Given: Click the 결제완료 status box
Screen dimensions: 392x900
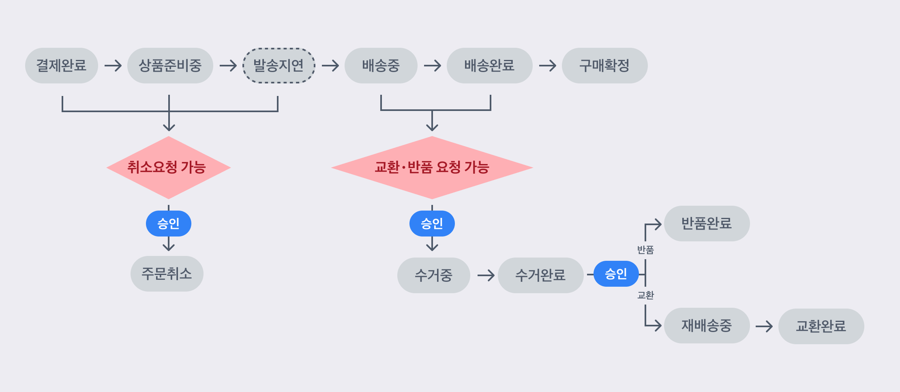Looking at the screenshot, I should coord(61,66).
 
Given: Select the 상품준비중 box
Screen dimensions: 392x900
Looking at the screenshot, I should coord(170,66).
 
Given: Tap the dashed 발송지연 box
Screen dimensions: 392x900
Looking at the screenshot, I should coord(279,66).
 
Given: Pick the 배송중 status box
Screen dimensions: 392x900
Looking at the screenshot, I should coord(381,66).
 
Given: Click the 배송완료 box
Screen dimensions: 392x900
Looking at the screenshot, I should coord(489,66).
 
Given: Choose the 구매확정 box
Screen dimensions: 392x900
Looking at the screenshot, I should coord(604,66).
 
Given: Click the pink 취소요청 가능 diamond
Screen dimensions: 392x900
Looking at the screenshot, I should coord(168,167).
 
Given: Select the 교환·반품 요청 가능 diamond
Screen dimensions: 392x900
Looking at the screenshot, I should coord(432,167).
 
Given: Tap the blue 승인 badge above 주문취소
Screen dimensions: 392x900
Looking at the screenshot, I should coord(168,224).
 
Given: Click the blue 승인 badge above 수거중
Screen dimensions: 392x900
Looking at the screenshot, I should coord(432,224).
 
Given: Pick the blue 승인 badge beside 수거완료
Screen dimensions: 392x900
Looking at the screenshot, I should coord(616,274).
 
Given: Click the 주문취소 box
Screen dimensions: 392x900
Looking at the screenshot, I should coord(167,274).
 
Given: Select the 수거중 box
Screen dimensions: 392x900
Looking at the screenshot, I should coord(433,275).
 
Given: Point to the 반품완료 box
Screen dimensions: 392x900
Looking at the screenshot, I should coord(707,224).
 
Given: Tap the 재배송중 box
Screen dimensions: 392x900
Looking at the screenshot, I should coord(707,326).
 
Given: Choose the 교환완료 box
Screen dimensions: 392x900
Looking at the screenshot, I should coord(821,326).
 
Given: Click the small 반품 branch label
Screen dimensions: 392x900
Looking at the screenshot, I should coord(645,250).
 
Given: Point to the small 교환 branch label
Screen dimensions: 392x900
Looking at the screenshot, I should coord(645,295).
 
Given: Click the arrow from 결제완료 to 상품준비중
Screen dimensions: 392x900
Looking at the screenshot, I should coord(113,66).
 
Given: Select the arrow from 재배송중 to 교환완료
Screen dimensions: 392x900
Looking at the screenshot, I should coord(764,326).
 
